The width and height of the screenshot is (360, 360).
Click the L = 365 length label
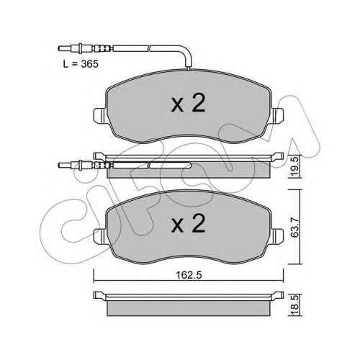[x=81, y=64]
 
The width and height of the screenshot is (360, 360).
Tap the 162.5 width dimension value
[x=189, y=275]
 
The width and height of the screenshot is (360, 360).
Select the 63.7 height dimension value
[x=294, y=227]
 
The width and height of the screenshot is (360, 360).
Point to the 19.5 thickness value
[x=295, y=167]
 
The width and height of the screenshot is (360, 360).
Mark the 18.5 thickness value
[x=295, y=305]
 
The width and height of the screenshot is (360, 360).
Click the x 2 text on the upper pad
[x=189, y=103]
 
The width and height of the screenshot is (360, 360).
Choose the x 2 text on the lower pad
[x=189, y=223]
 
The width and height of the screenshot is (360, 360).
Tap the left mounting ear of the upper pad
[x=99, y=115]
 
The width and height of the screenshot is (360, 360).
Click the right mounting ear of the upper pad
[x=278, y=115]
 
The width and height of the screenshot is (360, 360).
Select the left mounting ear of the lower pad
[x=99, y=235]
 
